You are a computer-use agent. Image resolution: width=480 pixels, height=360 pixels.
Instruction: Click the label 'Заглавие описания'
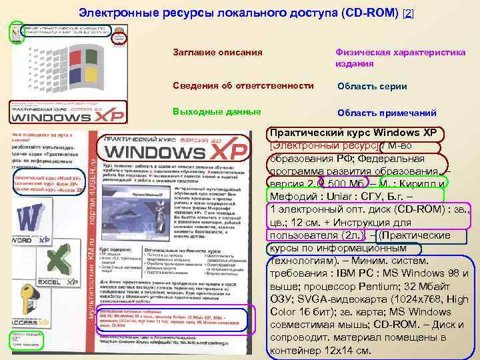click(x=217, y=52)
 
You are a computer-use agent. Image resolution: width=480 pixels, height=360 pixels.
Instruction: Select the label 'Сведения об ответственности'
click(x=243, y=86)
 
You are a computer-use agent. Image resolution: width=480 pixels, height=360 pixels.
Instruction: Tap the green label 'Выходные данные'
click(x=211, y=112)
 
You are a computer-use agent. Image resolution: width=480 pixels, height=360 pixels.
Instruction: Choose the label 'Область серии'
click(x=372, y=86)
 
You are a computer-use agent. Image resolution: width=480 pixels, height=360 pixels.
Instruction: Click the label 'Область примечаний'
click(x=387, y=113)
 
